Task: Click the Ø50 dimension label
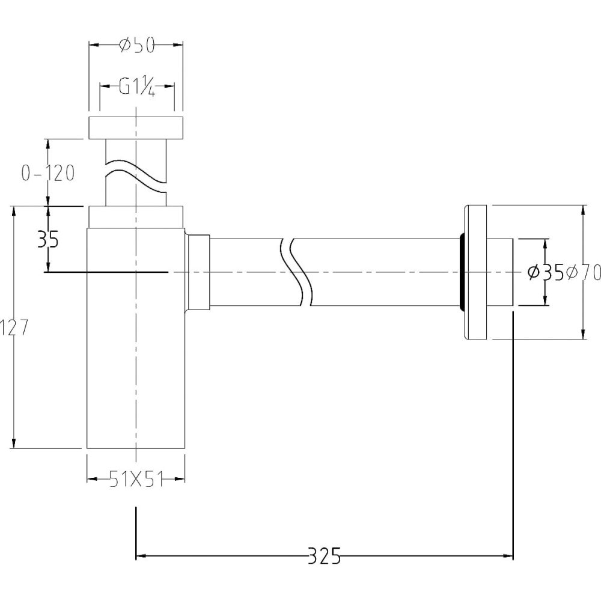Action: tap(136, 46)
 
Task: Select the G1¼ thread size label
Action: tap(136, 87)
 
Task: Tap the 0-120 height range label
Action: tap(48, 173)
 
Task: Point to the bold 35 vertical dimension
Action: tap(48, 240)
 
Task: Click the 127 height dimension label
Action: tap(14, 328)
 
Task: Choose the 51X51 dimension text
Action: tap(136, 479)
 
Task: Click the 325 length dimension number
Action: tap(325, 555)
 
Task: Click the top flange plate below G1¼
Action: tap(136, 127)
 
